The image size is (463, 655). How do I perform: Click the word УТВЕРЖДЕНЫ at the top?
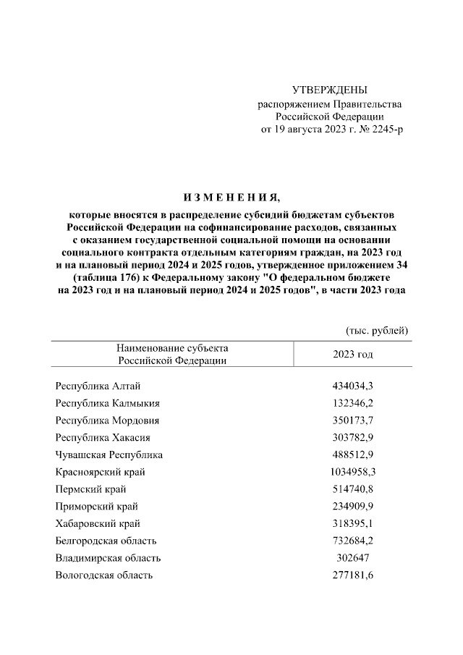tap(329, 90)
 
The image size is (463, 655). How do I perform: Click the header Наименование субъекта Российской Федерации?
tap(172, 354)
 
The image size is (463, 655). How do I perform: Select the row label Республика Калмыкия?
tap(108, 403)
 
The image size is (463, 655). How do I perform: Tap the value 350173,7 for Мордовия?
tap(352, 420)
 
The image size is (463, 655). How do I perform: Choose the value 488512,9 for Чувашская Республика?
tap(352, 455)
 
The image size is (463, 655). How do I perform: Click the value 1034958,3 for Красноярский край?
tap(352, 472)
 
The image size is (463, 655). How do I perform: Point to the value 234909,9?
tap(352, 507)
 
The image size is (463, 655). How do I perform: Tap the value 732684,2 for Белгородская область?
tap(352, 541)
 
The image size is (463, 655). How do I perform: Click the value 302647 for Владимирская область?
tap(352, 558)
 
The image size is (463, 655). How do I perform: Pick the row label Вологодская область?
tap(104, 575)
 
